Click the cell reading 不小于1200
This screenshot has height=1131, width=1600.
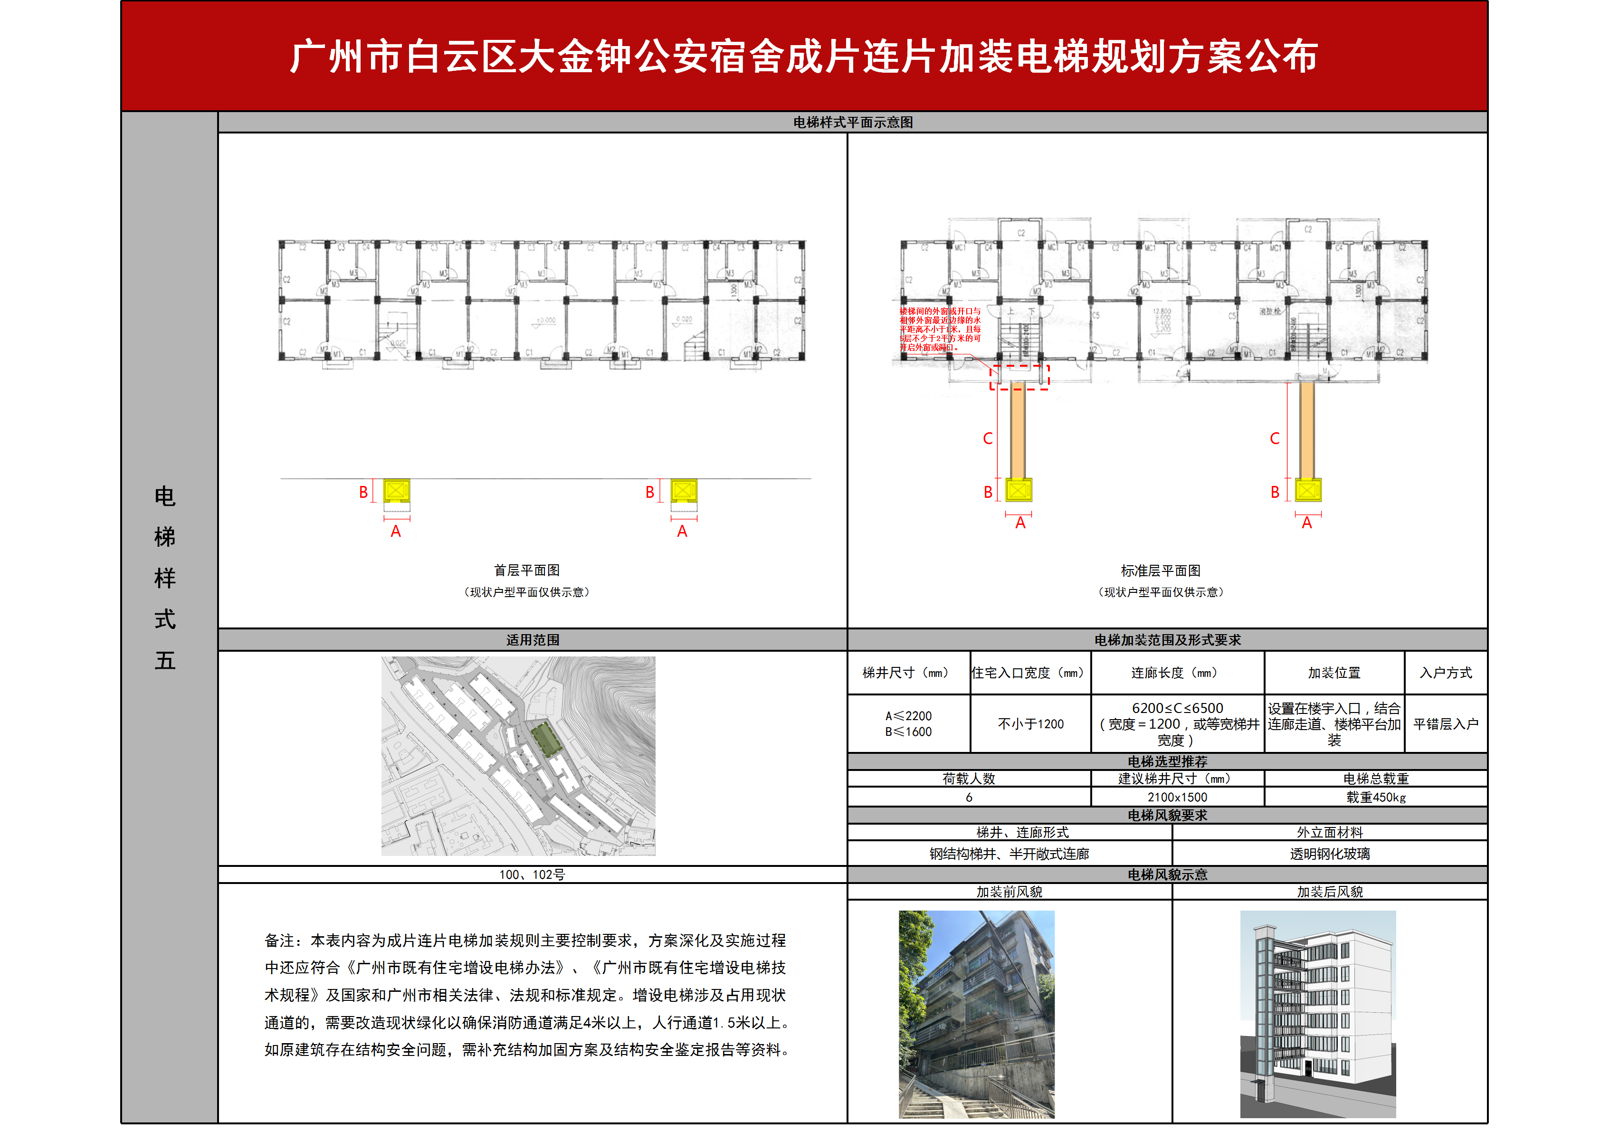point(1031,724)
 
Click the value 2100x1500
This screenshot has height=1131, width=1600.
point(1177,797)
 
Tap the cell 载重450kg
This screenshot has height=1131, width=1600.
point(1376,797)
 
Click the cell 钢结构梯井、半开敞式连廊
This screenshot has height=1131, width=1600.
point(1009,854)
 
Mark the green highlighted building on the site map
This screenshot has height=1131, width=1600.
point(547,739)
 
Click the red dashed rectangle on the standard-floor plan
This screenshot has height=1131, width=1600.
point(1019,377)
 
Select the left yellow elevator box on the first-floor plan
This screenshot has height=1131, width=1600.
point(397,491)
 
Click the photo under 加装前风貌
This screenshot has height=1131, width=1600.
point(976,1014)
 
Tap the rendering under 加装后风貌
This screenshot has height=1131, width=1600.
point(1318,1014)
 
